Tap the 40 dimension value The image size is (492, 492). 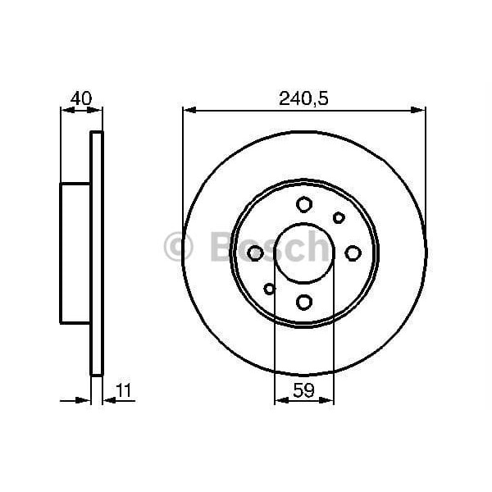(x=80, y=98)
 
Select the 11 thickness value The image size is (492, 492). (x=125, y=393)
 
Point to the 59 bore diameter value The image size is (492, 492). (x=304, y=392)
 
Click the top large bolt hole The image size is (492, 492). (x=304, y=204)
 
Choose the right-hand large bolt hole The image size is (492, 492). (x=353, y=253)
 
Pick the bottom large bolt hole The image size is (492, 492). (x=304, y=303)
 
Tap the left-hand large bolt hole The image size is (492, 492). (x=255, y=253)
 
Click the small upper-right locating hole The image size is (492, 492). (x=339, y=217)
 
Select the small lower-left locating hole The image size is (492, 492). (x=270, y=288)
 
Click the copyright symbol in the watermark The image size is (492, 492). (x=178, y=247)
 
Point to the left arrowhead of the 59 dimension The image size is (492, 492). (x=280, y=401)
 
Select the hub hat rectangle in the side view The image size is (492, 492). (x=75, y=253)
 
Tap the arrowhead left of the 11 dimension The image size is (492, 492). (x=84, y=401)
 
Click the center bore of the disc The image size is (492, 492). (x=304, y=253)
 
